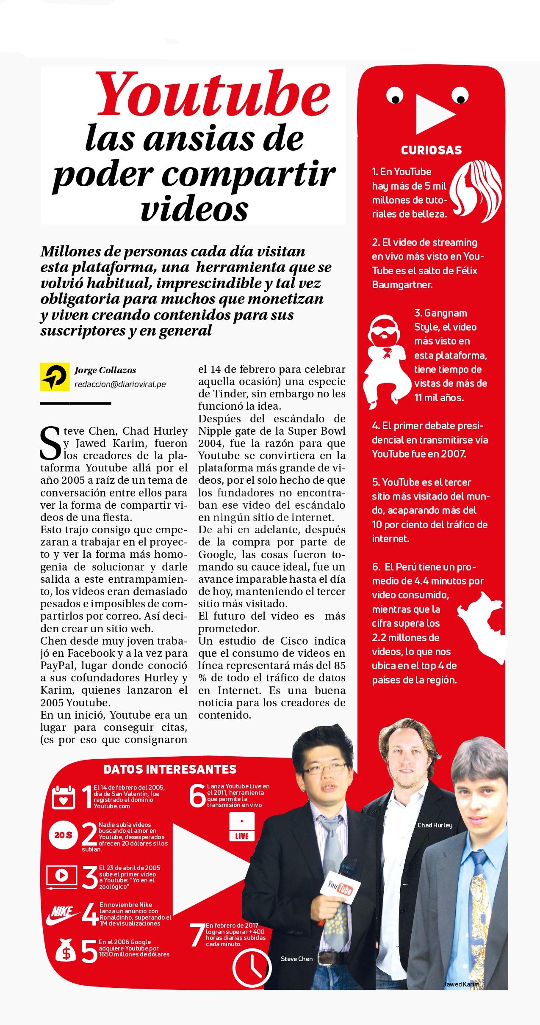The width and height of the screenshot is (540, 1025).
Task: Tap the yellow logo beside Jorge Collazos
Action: pyautogui.click(x=55, y=376)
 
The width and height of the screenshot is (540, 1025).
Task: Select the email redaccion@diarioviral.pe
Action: pyautogui.click(x=120, y=384)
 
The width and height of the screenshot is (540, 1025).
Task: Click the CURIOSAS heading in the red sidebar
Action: pyautogui.click(x=431, y=150)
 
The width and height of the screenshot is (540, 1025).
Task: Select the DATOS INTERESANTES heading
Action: pyautogui.click(x=170, y=769)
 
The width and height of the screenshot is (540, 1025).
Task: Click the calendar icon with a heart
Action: pyautogui.click(x=63, y=797)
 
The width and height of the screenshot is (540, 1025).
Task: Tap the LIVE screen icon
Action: pyautogui.click(x=242, y=826)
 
